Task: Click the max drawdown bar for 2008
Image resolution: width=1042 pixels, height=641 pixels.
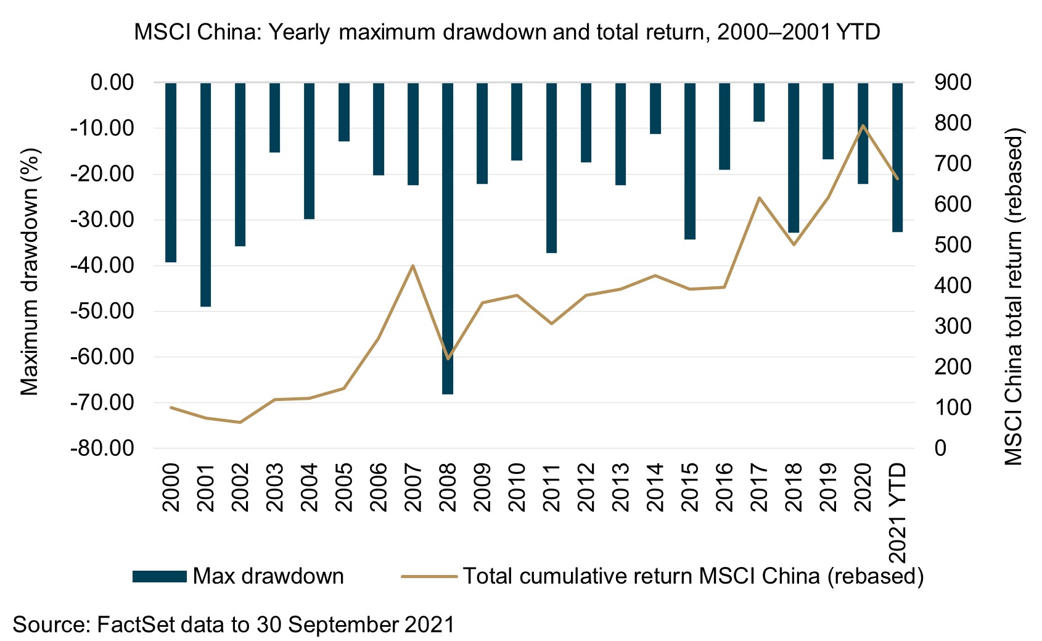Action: pos(448,238)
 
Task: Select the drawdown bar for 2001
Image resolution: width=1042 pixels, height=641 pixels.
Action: pos(205,194)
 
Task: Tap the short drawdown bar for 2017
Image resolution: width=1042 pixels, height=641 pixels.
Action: pos(759,102)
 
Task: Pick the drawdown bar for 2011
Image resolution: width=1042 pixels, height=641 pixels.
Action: pos(551,167)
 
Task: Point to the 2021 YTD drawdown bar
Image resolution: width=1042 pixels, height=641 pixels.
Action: pos(897,157)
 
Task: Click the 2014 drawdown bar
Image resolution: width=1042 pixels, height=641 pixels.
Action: pos(655,108)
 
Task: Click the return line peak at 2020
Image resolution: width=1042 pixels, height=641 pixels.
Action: pos(863,126)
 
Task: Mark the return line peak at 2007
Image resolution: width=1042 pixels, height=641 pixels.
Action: pos(412,266)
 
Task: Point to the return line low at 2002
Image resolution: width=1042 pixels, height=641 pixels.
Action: pos(240,422)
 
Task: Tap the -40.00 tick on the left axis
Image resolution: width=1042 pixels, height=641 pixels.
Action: pos(103,265)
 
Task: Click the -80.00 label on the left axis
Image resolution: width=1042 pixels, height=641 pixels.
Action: pos(103,449)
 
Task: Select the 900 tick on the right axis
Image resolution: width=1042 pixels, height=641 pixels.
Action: pos(953,82)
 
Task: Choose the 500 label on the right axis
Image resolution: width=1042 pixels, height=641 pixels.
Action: pos(953,245)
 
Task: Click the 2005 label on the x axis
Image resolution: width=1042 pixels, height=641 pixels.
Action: pos(343,487)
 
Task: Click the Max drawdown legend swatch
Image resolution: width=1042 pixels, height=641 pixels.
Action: pos(159,576)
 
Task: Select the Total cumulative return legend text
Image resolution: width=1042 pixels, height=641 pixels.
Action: pos(693,576)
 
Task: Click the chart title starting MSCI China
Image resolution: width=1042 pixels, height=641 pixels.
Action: pos(507,31)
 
